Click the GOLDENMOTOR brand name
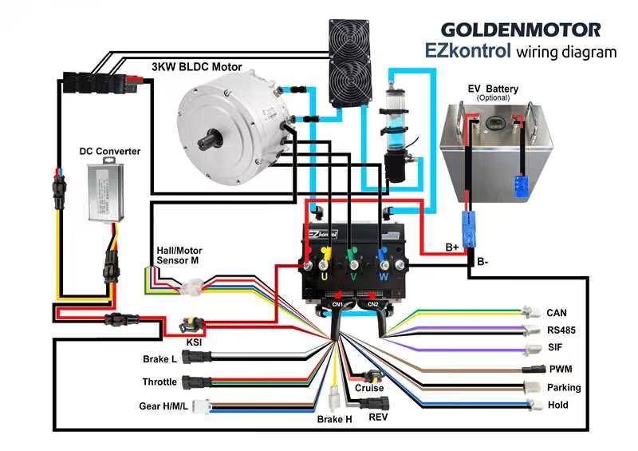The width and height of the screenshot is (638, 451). pyautogui.click(x=521, y=30)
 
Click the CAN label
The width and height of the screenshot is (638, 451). pyautogui.click(x=557, y=313)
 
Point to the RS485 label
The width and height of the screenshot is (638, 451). pyautogui.click(x=561, y=330)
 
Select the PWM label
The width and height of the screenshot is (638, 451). pyautogui.click(x=561, y=370)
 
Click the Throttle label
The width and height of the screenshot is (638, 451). pyautogui.click(x=159, y=382)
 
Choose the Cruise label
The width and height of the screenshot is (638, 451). pyautogui.click(x=369, y=389)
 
